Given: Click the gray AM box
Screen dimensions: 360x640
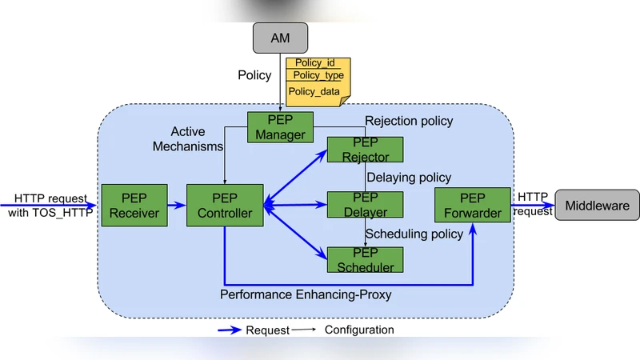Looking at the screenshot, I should point(279,38).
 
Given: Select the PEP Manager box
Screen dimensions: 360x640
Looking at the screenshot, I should point(280,126).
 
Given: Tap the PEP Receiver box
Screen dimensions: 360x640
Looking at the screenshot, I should point(134,206).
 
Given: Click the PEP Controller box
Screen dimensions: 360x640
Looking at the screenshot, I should point(225,206).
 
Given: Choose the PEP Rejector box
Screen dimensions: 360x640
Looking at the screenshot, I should point(365,150).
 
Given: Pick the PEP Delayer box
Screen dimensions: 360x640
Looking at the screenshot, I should point(365,205).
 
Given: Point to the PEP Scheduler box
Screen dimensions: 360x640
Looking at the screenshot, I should point(365,259).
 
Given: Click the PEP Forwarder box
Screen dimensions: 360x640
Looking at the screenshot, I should point(473,206).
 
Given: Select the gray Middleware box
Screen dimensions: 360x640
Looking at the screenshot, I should point(597,206).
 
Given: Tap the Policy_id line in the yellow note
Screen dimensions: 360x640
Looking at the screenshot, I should point(314,62).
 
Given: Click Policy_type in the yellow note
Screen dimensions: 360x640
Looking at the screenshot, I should point(318,75).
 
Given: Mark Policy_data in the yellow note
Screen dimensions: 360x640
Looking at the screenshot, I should point(314,91).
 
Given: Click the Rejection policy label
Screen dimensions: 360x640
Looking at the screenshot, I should point(409,121).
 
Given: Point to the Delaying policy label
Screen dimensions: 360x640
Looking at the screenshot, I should point(409,177).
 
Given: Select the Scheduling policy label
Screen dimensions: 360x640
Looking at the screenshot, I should point(414,234).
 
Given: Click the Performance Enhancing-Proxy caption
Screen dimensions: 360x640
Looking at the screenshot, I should point(306,295).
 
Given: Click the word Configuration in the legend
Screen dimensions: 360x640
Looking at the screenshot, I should point(359,330).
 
